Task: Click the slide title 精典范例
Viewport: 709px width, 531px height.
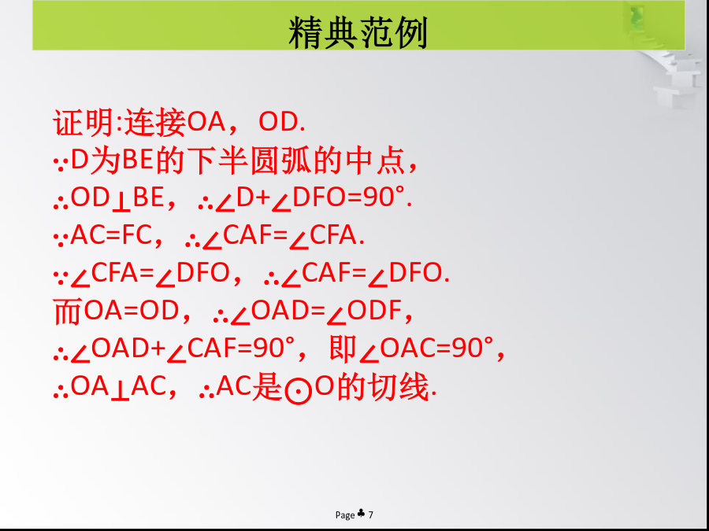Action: [358, 32]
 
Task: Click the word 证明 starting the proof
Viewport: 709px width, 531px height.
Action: [83, 123]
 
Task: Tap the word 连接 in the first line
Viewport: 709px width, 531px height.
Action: [155, 123]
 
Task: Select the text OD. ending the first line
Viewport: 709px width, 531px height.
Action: [282, 121]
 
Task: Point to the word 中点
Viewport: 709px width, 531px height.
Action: [375, 160]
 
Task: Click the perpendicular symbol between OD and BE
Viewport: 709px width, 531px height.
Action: [121, 203]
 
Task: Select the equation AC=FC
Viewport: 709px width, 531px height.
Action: [111, 235]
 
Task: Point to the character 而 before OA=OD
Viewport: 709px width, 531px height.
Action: [68, 312]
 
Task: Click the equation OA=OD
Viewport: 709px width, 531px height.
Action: [132, 311]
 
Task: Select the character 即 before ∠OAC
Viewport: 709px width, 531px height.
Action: [343, 349]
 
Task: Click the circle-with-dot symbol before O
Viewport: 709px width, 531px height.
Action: [299, 391]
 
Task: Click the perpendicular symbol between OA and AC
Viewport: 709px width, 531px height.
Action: [121, 393]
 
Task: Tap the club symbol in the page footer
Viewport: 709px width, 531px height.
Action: [362, 513]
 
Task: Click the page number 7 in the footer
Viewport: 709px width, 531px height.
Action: [371, 514]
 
